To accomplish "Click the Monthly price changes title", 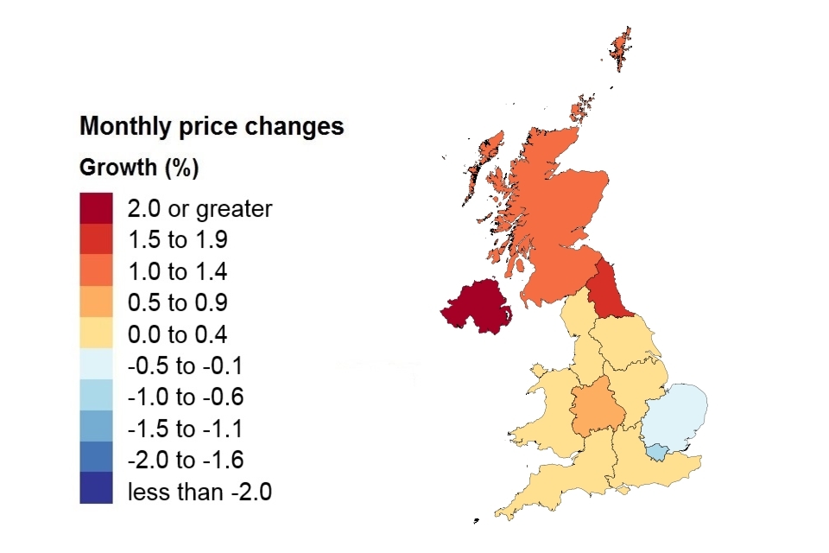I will tap(212, 127).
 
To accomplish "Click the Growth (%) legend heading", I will tap(139, 168).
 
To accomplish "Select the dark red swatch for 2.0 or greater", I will tap(96, 208).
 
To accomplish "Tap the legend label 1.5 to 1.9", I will tap(177, 240).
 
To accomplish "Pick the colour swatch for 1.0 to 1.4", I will tap(96, 272).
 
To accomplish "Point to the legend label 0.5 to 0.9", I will tap(177, 303).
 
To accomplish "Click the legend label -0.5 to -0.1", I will tap(186, 366).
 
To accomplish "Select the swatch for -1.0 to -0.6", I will tap(96, 397).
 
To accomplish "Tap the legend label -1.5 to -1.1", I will tap(186, 429).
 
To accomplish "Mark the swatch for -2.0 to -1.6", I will tap(96, 461).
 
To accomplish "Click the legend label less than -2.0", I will tap(199, 493).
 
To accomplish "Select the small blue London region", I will tap(657, 451).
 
